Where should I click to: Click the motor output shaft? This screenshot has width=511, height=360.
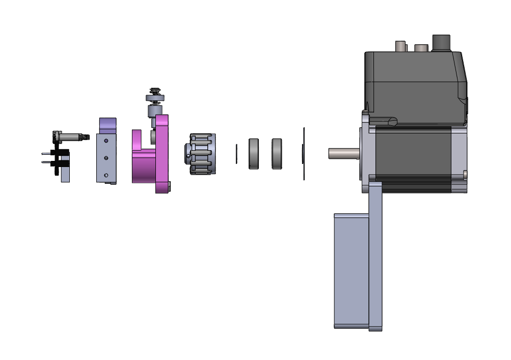tap(344, 153)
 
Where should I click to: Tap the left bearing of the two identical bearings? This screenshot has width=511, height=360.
tap(254, 154)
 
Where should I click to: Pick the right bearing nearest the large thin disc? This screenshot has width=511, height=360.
tap(277, 154)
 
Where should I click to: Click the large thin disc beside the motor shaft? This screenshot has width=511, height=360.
tap(304, 154)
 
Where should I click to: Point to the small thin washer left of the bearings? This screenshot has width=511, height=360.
tap(237, 154)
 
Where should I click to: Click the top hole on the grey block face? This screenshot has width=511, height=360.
tap(106, 141)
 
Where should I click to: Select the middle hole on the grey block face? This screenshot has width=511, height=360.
tap(106, 158)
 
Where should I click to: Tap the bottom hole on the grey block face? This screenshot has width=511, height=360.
tap(106, 175)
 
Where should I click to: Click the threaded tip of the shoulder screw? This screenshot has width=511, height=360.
tap(87, 137)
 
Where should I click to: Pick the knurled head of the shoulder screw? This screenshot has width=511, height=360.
tap(57, 137)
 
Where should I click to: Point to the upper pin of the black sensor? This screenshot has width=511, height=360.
tap(46, 152)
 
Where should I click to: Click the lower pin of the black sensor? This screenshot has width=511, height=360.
tap(46, 162)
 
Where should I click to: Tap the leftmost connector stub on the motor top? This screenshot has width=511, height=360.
tap(401, 46)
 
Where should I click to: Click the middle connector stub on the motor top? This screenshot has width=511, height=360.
tap(421, 48)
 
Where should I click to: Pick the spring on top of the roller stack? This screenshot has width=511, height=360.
tap(155, 91)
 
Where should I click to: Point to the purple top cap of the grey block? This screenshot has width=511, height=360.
tap(107, 124)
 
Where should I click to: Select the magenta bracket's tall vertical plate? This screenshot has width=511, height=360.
tap(163, 153)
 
